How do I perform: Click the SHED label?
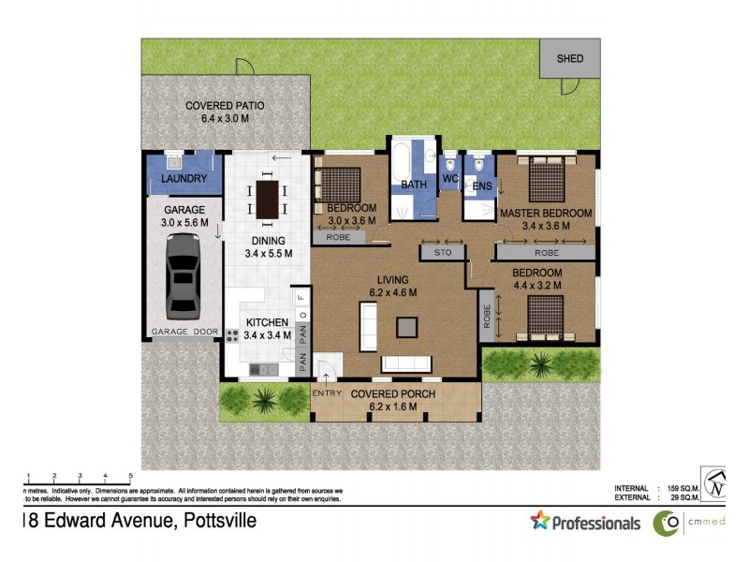pyautogui.click(x=570, y=58)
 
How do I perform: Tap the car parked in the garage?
pyautogui.click(x=184, y=275)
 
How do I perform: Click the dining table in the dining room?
pyautogui.click(x=269, y=198)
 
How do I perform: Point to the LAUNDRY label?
pyautogui.click(x=184, y=178)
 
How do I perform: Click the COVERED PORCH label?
pyautogui.click(x=392, y=394)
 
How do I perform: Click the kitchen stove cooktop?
pyautogui.click(x=233, y=335)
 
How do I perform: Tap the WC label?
pyautogui.click(x=449, y=178)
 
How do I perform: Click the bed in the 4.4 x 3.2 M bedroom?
pyautogui.click(x=543, y=317)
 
